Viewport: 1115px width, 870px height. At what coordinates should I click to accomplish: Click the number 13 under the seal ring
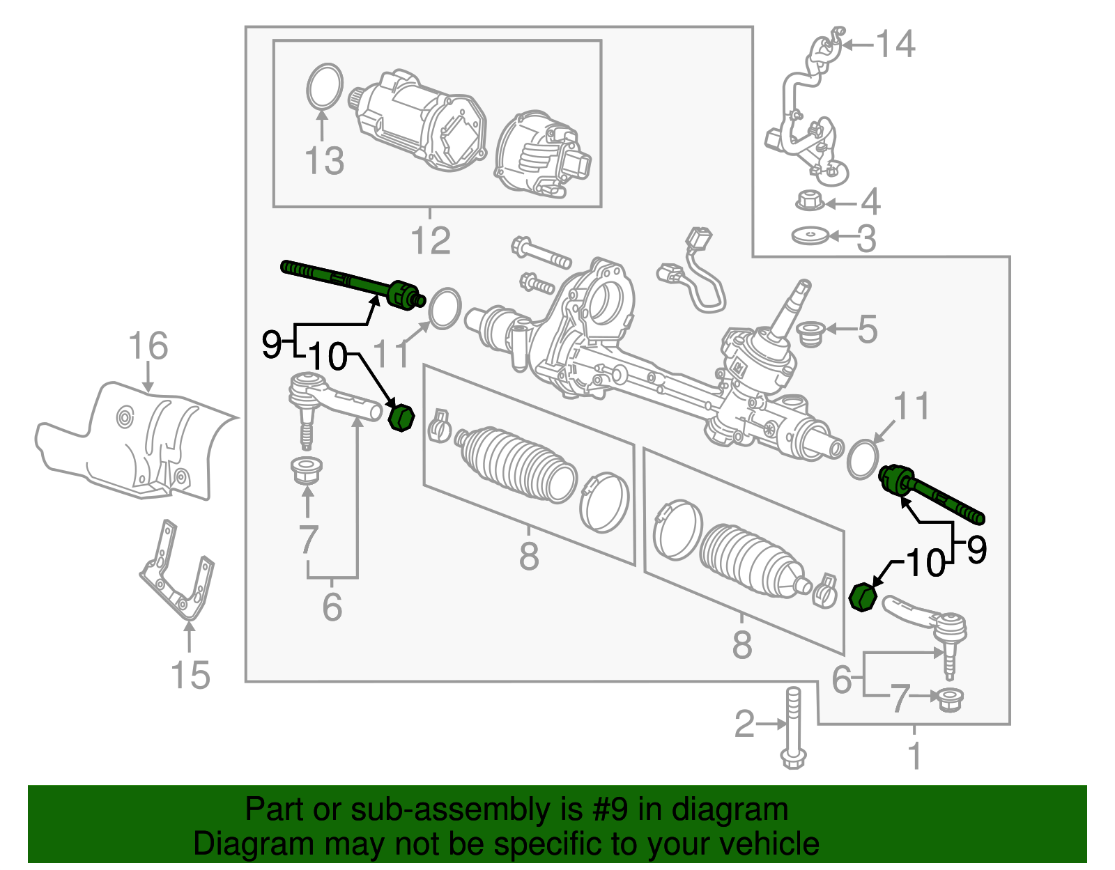[325, 161]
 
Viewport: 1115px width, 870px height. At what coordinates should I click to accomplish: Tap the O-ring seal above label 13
[325, 87]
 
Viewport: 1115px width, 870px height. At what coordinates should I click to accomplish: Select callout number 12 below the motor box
[431, 241]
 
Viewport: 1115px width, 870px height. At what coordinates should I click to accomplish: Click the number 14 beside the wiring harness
[895, 45]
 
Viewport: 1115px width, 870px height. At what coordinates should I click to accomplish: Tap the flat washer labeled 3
[810, 236]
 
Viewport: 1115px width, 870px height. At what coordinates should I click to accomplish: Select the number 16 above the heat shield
[148, 346]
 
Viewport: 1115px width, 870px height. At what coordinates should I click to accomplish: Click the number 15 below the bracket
[190, 676]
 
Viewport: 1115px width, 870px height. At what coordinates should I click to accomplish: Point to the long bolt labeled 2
[793, 728]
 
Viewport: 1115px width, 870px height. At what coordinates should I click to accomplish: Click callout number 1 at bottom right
[915, 756]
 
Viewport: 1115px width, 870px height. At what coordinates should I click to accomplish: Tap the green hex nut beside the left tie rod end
[401, 418]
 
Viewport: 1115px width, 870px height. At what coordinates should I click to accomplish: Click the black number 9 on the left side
[272, 344]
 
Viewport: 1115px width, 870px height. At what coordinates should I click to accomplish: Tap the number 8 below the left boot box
[529, 556]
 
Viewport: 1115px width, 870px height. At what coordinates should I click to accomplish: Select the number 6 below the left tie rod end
[332, 607]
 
